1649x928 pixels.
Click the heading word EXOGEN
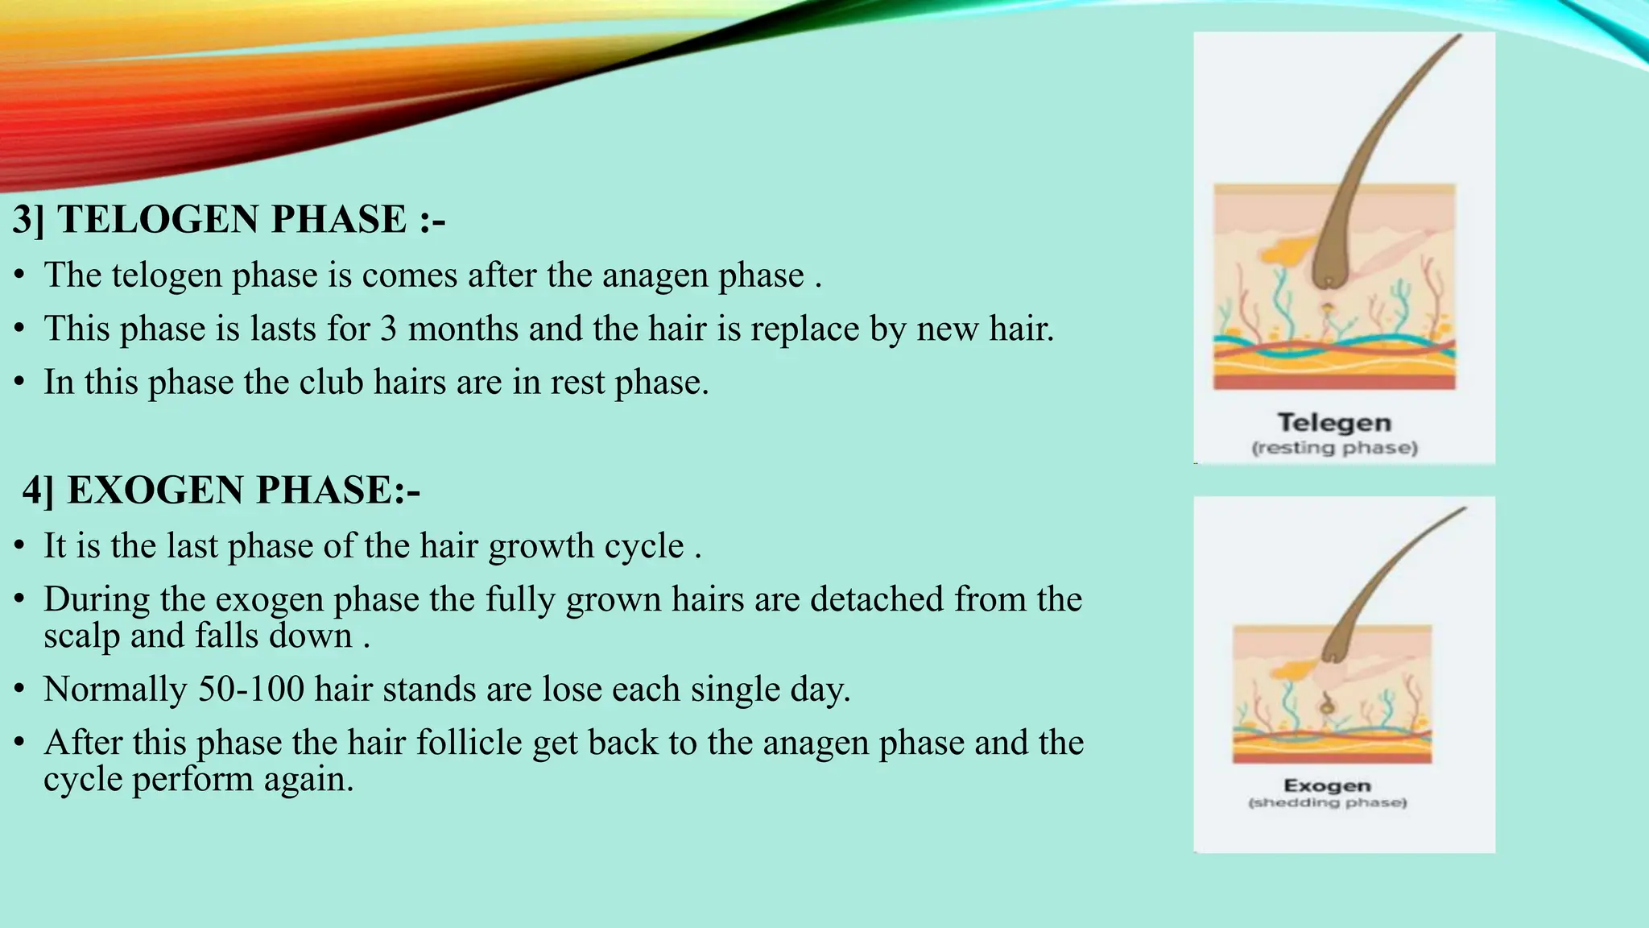[x=155, y=491]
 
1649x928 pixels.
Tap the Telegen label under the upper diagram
[x=1334, y=423]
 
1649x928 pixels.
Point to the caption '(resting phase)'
[x=1334, y=448]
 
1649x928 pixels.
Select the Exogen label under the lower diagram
[x=1327, y=785]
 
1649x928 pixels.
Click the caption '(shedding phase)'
[x=1327, y=802]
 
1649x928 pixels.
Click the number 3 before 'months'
[x=389, y=329]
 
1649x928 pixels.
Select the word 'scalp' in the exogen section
[x=81, y=636]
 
